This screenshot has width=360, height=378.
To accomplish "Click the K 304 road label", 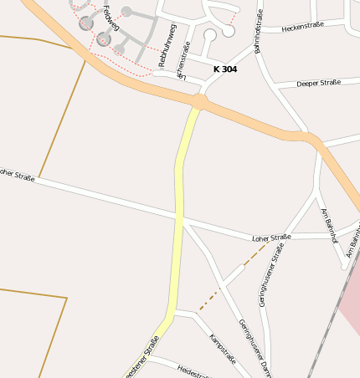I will pos(225,69).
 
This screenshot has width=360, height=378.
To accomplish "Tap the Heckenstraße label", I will pos(302,28).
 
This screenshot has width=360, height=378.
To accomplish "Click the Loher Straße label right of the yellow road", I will pos(271,238).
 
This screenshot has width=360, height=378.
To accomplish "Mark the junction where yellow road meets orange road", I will pos(198,102).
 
